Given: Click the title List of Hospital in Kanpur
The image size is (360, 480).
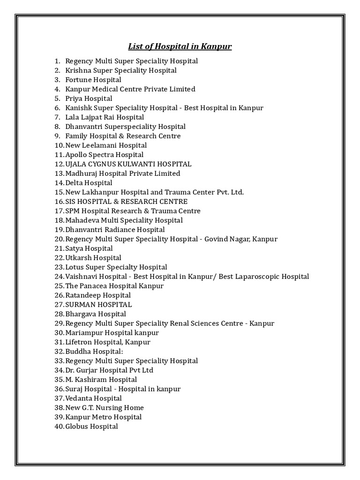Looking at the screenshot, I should point(180,46).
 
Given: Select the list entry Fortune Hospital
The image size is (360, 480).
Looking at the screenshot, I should point(93,80).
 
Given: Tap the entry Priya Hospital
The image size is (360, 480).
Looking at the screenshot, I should point(89,98).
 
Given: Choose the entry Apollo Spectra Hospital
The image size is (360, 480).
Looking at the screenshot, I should point(105,155).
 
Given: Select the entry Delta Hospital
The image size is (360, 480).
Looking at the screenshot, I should point(89,183).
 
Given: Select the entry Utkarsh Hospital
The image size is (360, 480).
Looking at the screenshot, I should point(93,258).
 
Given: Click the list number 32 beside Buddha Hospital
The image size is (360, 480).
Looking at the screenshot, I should point(59,352).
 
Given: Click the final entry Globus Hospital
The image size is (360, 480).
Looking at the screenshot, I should point(91,427).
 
